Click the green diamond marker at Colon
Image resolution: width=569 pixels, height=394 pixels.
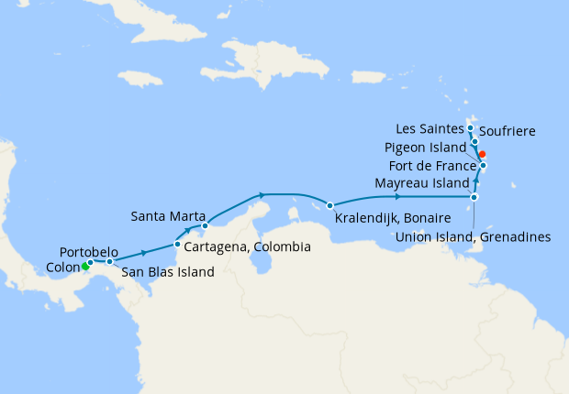[x=84, y=268]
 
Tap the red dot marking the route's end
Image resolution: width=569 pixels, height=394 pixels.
[x=482, y=154]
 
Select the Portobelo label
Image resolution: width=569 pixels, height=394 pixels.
[x=88, y=251]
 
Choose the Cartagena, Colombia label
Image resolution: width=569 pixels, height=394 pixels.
[x=247, y=247]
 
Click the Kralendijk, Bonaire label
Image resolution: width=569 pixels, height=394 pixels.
[x=392, y=219]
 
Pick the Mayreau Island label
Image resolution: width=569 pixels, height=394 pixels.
[x=421, y=184]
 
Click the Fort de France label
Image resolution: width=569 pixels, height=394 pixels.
[x=431, y=166]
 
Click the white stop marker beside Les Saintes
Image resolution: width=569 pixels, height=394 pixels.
[x=470, y=128]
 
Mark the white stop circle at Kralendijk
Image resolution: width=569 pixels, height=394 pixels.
[x=329, y=204]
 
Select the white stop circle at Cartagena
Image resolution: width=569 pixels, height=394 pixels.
[x=177, y=244]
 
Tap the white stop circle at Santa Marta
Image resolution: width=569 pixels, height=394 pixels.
[x=206, y=225]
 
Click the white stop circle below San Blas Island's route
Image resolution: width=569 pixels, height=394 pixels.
[x=109, y=262]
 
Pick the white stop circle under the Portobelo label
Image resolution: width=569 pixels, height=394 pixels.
[x=91, y=263]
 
